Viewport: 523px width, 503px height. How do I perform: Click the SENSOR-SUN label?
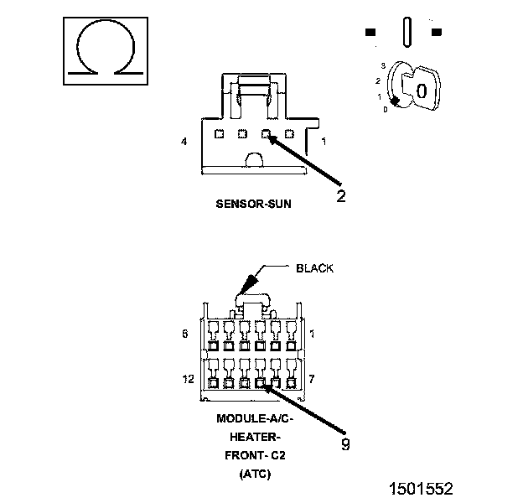253,204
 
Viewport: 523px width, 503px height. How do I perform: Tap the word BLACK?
314,268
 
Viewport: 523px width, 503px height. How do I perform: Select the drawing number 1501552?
422,488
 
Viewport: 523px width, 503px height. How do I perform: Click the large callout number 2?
341,196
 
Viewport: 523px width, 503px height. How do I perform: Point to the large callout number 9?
345,444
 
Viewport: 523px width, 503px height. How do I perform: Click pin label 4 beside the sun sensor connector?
184,142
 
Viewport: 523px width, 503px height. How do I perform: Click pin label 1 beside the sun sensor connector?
324,142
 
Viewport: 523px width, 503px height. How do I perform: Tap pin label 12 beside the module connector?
188,379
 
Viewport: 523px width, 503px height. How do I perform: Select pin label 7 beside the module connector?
312,379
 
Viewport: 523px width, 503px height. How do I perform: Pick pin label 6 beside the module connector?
185,334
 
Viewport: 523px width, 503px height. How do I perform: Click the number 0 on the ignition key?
422,91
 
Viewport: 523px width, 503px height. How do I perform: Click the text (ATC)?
255,474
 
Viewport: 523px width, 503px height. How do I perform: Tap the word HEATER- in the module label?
253,437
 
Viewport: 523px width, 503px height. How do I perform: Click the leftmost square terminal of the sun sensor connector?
219,134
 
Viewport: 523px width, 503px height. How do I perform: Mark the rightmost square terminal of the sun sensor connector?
289,134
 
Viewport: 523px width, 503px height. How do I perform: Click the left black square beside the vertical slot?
370,32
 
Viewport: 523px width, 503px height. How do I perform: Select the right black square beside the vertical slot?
437,32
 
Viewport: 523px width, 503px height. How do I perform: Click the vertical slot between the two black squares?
407,32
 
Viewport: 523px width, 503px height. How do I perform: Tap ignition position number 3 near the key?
383,65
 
